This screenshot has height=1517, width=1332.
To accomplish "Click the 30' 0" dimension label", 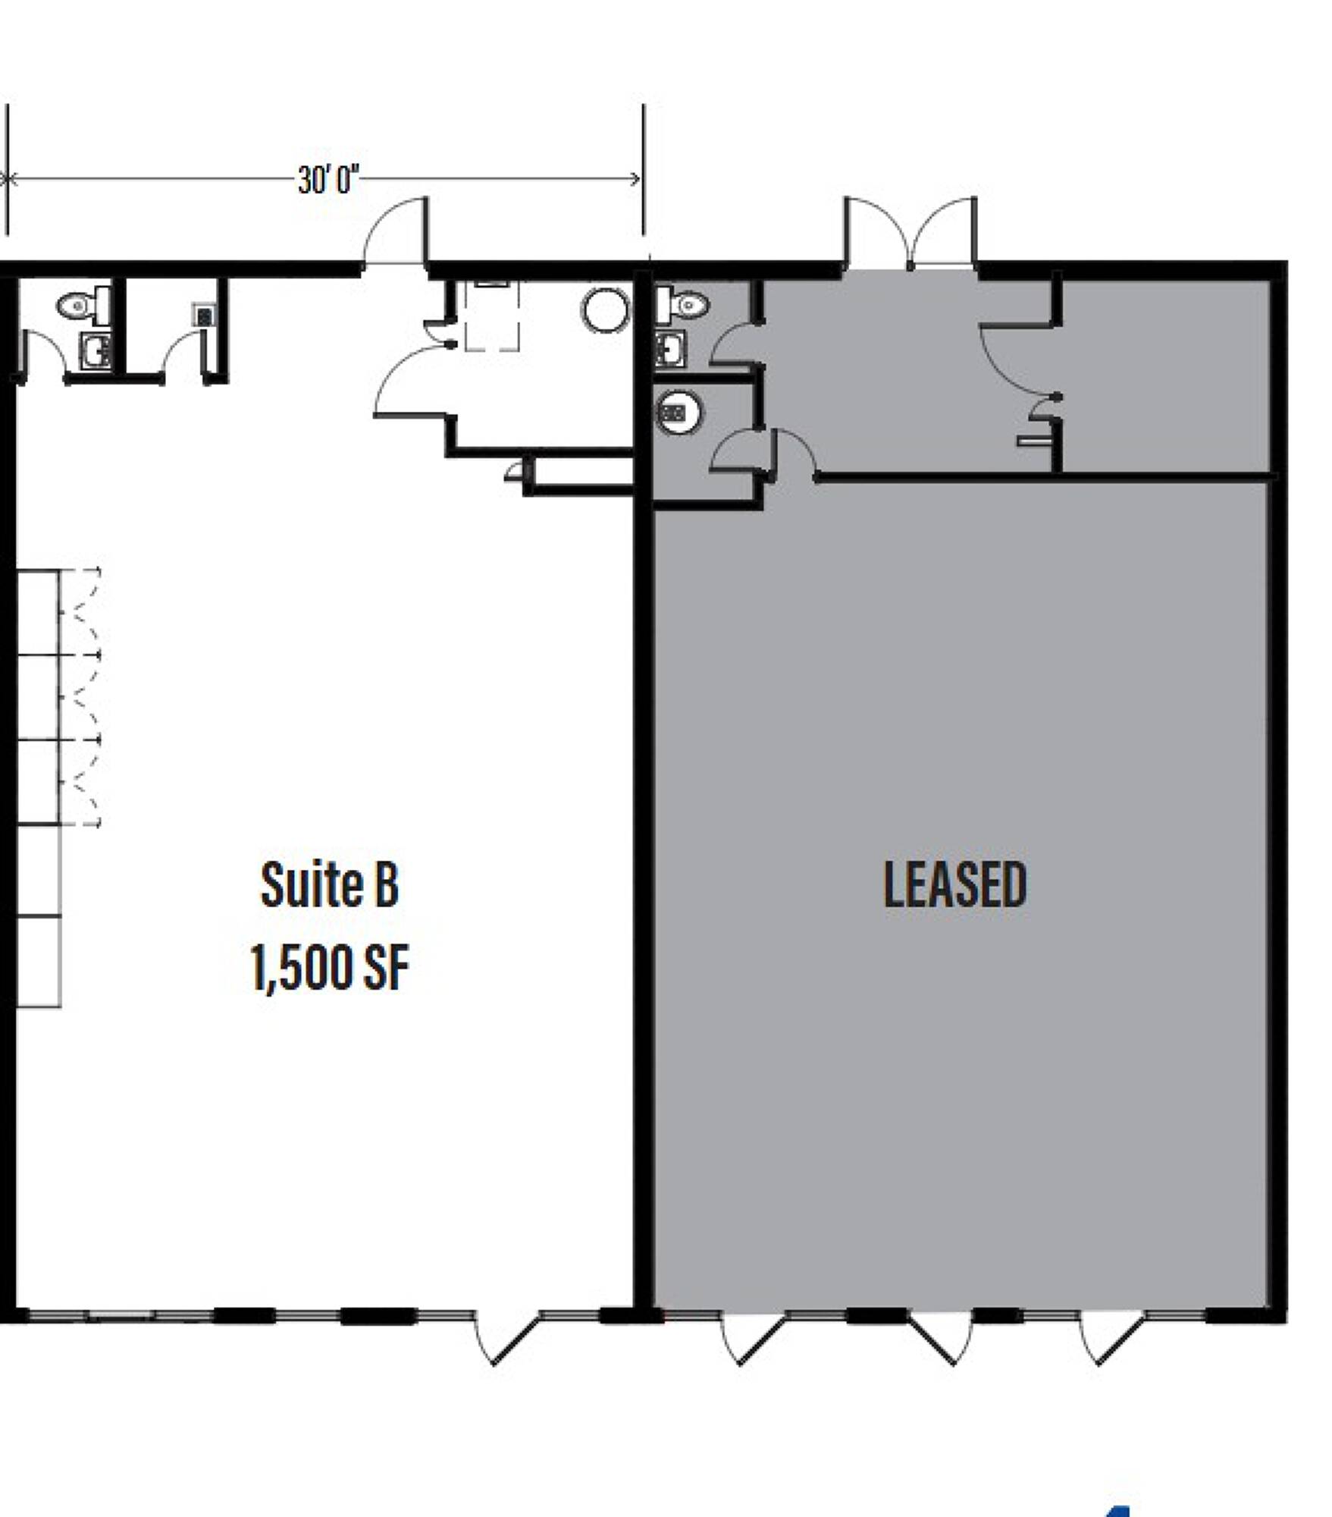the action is (x=328, y=181).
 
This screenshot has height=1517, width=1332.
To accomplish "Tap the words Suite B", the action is (x=330, y=885).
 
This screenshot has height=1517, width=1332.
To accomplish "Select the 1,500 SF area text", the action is (x=330, y=967).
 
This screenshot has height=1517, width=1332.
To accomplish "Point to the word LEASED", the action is (x=955, y=884).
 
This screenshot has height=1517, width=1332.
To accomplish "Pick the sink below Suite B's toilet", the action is (x=96, y=351).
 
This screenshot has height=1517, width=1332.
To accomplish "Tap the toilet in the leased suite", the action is (x=682, y=305).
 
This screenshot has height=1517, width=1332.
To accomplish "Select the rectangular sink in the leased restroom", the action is (x=670, y=349).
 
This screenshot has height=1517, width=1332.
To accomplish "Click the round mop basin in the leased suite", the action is (x=678, y=413).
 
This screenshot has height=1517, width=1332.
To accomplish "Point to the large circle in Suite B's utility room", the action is (x=606, y=310).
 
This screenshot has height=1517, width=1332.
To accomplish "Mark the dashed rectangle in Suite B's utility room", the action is (x=492, y=316).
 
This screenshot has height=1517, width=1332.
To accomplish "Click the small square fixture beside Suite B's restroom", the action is (x=204, y=314).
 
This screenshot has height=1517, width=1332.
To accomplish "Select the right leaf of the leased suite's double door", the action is (x=944, y=232).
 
